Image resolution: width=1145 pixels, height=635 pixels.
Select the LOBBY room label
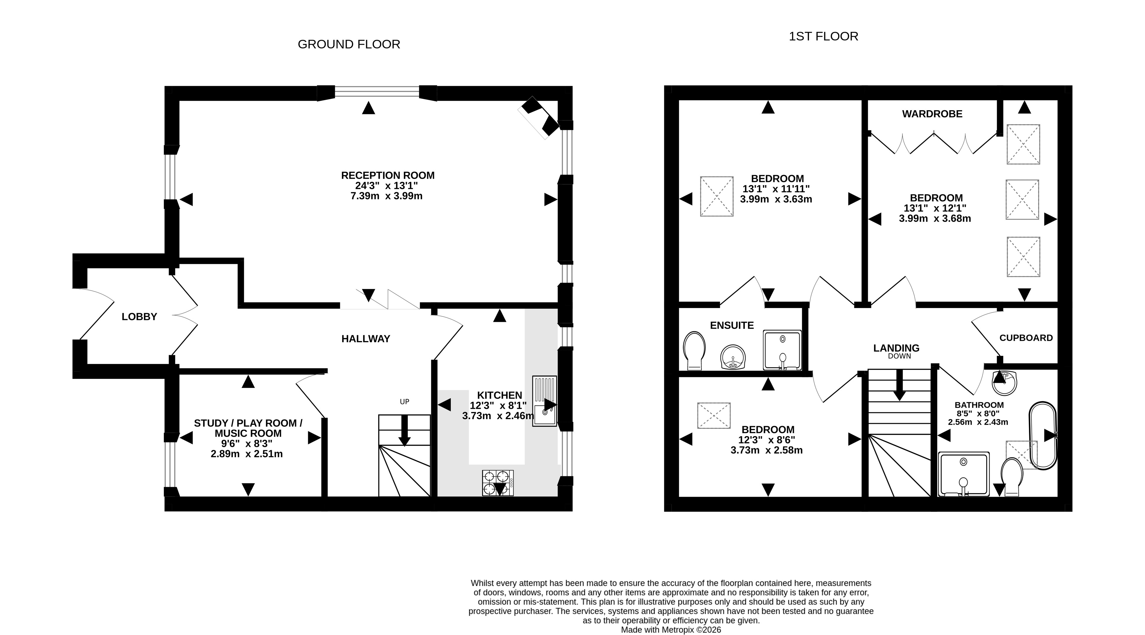coord(139,317)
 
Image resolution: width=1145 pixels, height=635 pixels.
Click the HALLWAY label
coord(366,339)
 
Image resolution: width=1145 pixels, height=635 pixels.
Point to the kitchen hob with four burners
coord(498,483)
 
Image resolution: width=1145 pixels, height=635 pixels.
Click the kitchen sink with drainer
coord(544,401)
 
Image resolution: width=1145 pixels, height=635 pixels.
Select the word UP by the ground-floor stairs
coord(404,402)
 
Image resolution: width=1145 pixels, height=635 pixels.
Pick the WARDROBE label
coord(932,114)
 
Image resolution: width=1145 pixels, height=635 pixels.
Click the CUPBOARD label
coord(1026,338)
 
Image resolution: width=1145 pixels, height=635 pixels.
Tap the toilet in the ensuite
coord(694,351)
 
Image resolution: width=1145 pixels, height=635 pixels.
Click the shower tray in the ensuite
coord(782,350)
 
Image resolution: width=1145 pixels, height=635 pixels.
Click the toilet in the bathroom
coord(1012,477)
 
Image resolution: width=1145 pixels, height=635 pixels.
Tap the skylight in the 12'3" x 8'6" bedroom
coord(714,416)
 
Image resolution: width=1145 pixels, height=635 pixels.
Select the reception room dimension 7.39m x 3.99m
coord(386,196)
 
